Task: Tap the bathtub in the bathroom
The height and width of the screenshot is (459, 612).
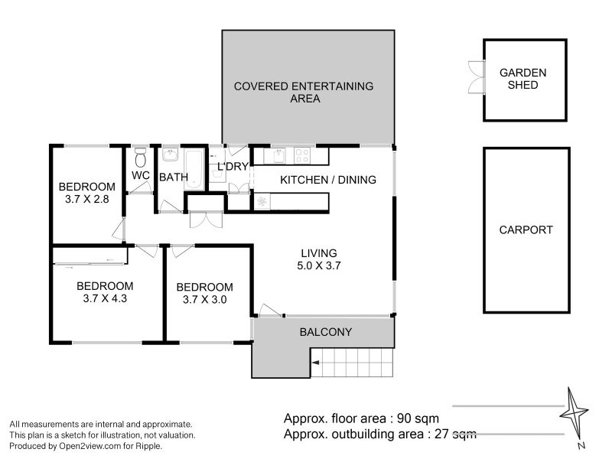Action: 194,170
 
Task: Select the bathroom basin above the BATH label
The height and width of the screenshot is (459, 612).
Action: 171,155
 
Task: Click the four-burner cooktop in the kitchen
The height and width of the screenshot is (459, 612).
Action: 302,155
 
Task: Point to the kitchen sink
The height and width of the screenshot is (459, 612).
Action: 278,155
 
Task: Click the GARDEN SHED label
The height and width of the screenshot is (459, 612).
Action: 523,79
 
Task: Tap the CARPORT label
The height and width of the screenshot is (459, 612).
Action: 526,230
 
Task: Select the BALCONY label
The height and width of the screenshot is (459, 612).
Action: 326,332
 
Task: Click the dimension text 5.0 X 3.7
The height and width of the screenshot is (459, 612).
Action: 319,265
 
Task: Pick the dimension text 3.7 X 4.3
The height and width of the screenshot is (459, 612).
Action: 105,298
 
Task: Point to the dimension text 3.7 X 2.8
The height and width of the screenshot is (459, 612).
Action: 87,199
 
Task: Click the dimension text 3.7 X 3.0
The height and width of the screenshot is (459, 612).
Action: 205,300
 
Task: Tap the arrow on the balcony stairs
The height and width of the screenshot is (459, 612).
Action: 315,363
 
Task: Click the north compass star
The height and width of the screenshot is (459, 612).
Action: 574,412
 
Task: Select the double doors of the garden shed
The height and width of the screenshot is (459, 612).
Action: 476,77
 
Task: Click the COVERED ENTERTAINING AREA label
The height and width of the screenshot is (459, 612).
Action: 304,93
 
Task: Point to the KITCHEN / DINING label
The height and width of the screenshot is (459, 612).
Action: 328,180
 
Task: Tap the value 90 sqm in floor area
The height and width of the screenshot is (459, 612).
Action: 418,418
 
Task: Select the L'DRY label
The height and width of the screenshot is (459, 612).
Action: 233,167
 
